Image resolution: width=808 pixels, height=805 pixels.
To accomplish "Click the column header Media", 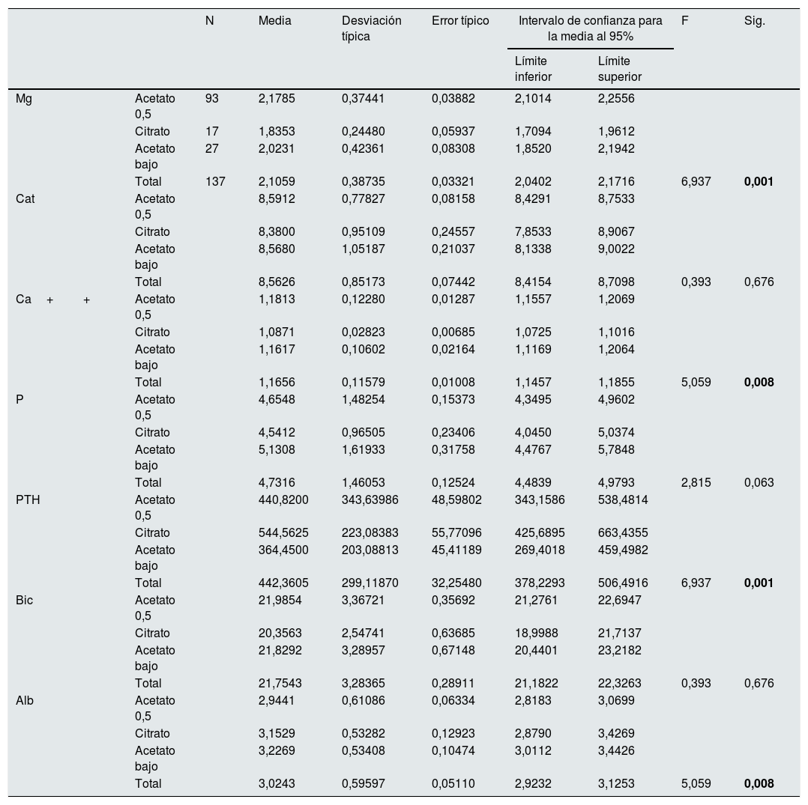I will point(274,21).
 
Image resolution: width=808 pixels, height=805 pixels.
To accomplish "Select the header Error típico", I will point(460,21).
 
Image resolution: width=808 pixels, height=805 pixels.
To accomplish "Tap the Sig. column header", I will point(754,21).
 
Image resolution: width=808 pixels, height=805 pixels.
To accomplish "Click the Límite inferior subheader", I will point(533,68).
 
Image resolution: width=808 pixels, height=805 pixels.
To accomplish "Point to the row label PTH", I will point(28,499).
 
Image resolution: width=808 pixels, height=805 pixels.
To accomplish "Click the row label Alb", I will point(25,700).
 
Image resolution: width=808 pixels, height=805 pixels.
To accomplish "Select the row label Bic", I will point(24,600).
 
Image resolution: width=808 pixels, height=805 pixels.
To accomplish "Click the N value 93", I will point(212,98).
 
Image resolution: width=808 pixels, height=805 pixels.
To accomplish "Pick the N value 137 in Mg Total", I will point(215,181).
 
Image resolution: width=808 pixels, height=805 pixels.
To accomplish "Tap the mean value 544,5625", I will point(283,532).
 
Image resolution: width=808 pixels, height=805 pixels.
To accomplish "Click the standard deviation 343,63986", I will point(370,499).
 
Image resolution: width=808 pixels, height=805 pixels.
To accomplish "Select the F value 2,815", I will point(696,482).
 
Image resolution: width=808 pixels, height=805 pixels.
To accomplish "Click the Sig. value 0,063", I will point(759,482).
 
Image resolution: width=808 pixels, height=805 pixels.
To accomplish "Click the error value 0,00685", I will point(453,332).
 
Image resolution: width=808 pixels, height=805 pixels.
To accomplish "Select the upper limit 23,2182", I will point(619,650).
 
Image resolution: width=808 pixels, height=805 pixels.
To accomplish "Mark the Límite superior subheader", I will point(619,68).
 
